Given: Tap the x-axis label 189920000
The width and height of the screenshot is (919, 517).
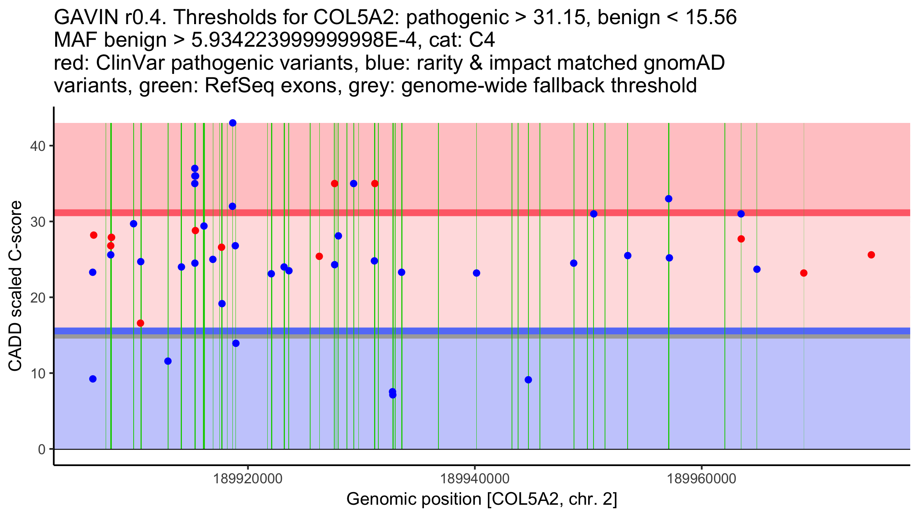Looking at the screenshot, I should click(x=248, y=479).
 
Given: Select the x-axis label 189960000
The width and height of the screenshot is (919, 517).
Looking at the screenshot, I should click(x=702, y=479).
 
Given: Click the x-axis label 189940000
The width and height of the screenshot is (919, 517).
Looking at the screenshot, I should click(x=475, y=479).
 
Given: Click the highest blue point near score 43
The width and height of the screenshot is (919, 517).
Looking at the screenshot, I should click(x=233, y=123).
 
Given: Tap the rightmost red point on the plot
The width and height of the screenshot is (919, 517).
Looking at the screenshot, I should click(x=871, y=255).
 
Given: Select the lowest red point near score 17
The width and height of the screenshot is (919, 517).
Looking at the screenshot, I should click(x=141, y=323).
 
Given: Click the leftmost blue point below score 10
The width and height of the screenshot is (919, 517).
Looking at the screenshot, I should click(x=93, y=379).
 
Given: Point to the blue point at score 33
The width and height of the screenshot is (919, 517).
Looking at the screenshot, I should click(x=669, y=199).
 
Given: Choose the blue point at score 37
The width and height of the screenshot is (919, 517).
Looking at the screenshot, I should click(x=195, y=169).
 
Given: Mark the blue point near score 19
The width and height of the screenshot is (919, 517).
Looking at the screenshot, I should click(x=222, y=304).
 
